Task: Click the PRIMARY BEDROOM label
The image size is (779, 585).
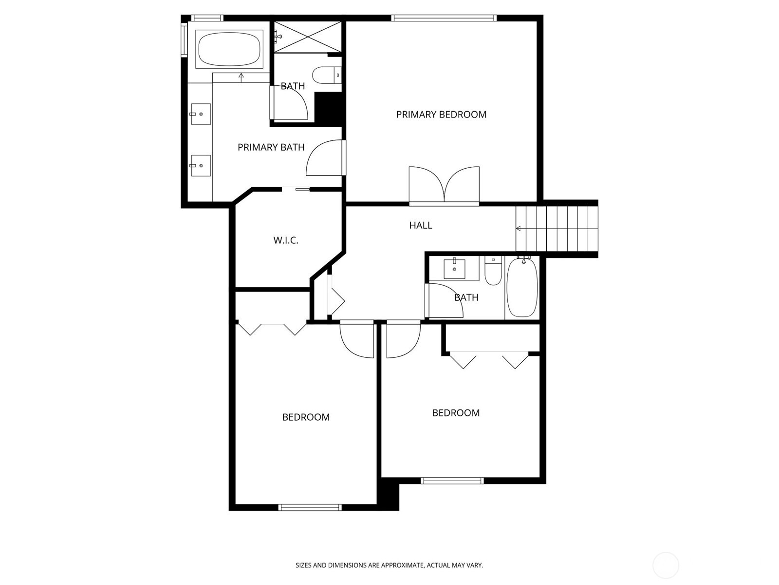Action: tap(441, 115)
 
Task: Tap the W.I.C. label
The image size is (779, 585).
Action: tap(285, 240)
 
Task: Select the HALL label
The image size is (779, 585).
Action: tap(420, 225)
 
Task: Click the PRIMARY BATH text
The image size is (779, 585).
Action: tap(271, 147)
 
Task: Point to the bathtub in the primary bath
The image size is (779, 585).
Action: tap(229, 49)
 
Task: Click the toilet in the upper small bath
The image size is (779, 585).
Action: tap(325, 76)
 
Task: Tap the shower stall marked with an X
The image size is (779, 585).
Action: tap(307, 37)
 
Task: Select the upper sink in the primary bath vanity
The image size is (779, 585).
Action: tap(200, 114)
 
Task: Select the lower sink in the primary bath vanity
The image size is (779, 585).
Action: tap(200, 166)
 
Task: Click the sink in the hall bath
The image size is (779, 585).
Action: tap(454, 269)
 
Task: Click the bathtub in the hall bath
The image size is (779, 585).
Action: tap(522, 288)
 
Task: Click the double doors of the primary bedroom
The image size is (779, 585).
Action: tap(444, 185)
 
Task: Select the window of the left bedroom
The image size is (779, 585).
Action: tap(310, 507)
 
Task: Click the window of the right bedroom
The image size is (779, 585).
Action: tap(452, 481)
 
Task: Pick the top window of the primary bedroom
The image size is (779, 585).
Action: tap(444, 19)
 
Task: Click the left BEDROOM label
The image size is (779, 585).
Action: tap(306, 417)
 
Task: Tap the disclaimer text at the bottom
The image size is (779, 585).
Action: tap(389, 565)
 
